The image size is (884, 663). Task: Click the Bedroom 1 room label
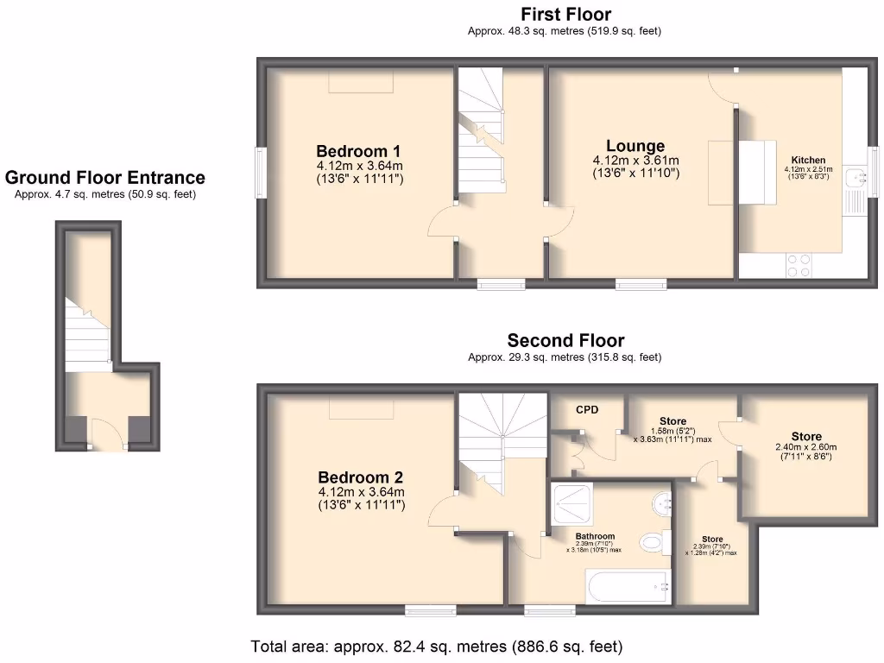(357, 149)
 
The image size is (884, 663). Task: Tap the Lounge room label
(635, 146)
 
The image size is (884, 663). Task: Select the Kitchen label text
(808, 160)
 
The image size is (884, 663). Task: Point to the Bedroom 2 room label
(360, 477)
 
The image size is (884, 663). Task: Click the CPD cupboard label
(587, 409)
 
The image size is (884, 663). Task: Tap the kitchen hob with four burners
(799, 264)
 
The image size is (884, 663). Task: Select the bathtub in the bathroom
(628, 587)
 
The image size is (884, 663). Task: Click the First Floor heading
(565, 15)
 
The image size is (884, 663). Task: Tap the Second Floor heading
(565, 340)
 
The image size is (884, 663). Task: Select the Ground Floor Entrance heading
(105, 178)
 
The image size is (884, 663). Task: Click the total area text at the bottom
(436, 646)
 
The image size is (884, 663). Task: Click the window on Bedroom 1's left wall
(261, 173)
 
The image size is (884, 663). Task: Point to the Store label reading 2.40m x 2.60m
(806, 437)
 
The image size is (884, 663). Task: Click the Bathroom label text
(595, 536)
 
